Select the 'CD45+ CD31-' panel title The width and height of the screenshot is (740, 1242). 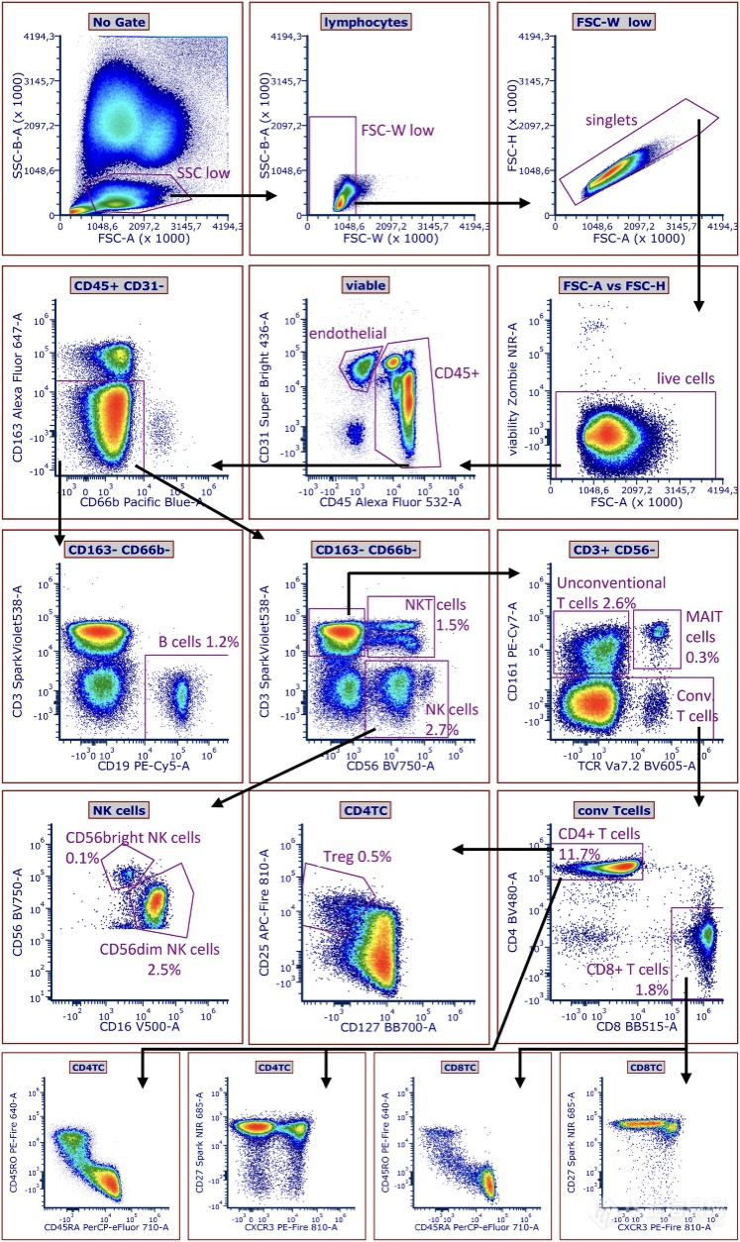(117, 285)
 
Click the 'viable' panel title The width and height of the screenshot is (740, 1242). (368, 285)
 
